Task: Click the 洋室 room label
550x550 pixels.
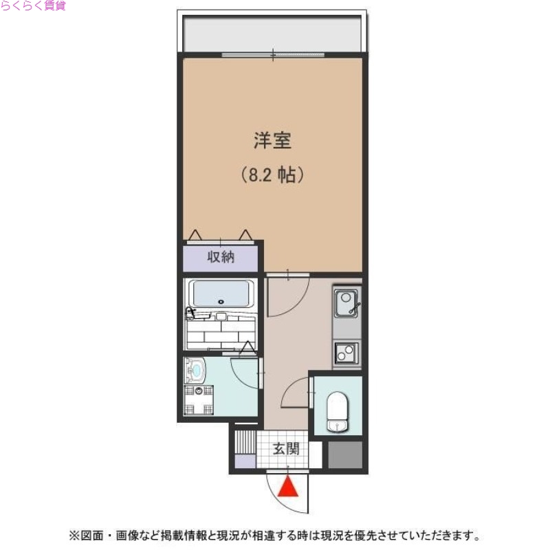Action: (x=272, y=142)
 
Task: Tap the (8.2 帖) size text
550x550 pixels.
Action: (x=272, y=175)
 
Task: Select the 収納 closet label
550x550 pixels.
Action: (x=221, y=257)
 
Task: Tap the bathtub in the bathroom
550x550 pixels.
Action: (x=221, y=295)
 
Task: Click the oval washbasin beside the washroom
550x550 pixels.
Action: (x=195, y=372)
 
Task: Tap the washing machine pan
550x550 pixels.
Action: (x=199, y=401)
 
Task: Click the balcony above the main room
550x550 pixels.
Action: (x=272, y=33)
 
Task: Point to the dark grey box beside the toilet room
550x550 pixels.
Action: (x=344, y=454)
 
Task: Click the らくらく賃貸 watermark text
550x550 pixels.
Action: (x=33, y=6)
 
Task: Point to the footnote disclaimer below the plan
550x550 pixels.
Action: (x=272, y=534)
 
